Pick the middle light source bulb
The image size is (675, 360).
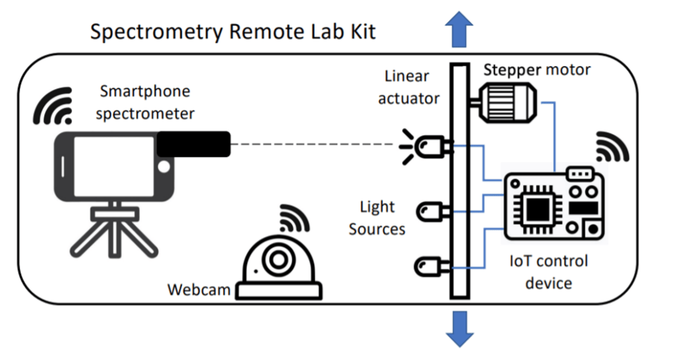[432, 212]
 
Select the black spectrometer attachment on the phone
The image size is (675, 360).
[193, 144]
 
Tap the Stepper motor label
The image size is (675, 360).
[537, 69]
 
